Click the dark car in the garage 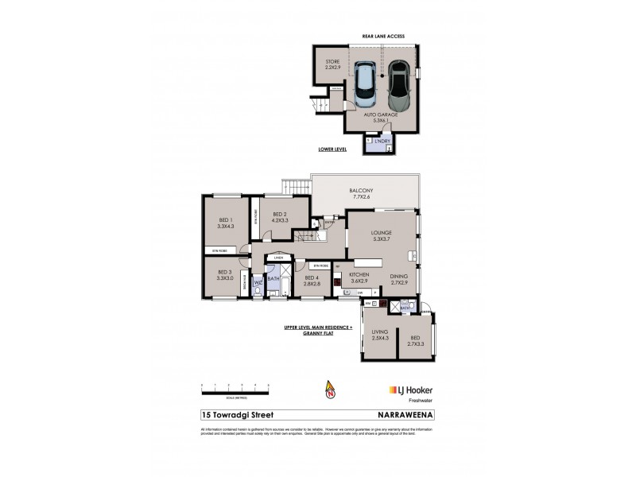pos(398,88)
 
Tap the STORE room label pos(332,65)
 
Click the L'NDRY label pos(382,141)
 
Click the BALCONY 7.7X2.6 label pos(366,194)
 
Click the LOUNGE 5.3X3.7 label pos(382,236)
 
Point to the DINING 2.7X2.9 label pos(399,279)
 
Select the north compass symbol pos(329,390)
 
